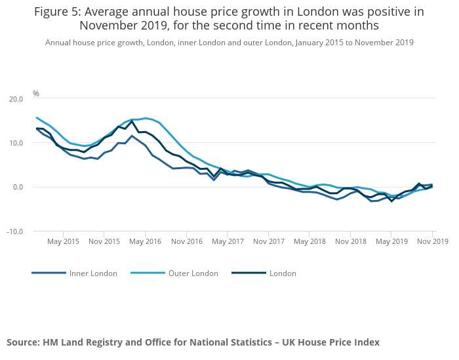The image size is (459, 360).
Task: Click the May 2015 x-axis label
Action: (x=63, y=241)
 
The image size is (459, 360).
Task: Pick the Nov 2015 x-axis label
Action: (x=104, y=241)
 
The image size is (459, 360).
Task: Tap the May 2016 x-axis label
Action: (x=145, y=241)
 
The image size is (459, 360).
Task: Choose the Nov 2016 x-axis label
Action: (x=186, y=241)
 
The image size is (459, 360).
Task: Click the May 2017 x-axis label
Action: (x=227, y=241)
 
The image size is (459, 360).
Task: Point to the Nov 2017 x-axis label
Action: (x=268, y=241)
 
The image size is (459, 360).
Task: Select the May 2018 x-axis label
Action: (x=309, y=241)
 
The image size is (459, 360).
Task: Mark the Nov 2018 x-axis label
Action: (x=350, y=241)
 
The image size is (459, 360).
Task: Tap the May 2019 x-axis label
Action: (x=391, y=241)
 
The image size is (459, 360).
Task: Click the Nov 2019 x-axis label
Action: (x=432, y=241)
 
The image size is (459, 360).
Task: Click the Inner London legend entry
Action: (x=93, y=273)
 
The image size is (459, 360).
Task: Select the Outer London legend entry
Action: (x=193, y=273)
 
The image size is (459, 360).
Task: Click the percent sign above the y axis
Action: (x=36, y=94)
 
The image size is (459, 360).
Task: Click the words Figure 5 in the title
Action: (x=57, y=12)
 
